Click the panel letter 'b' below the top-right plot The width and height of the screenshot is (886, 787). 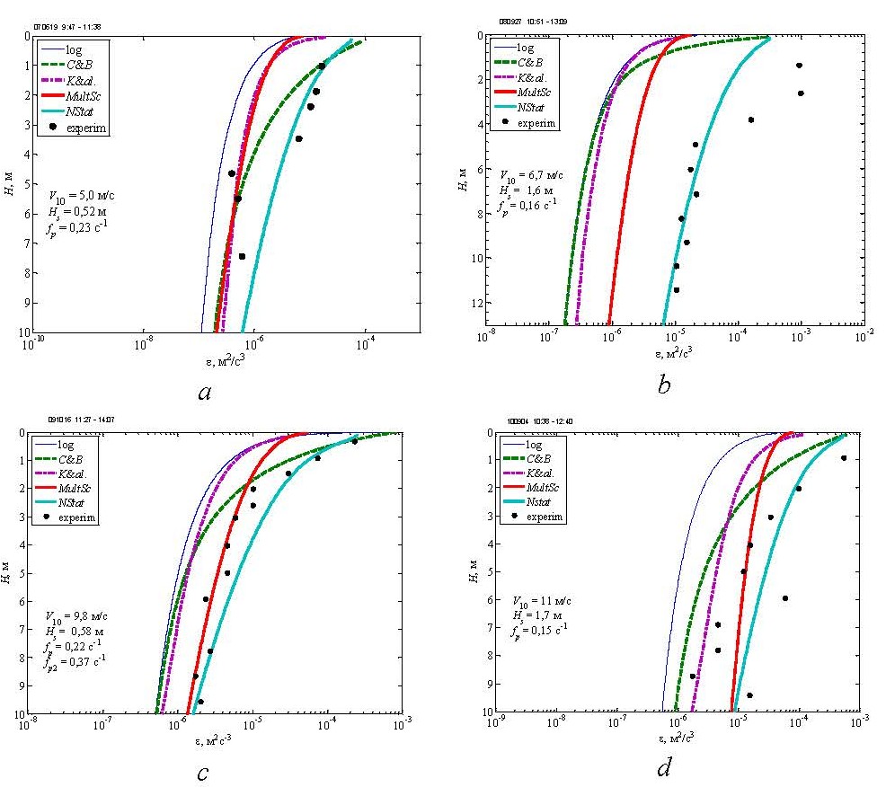pos(664,385)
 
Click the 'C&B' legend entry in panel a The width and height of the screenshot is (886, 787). pos(79,64)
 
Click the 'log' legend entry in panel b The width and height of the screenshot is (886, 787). pos(527,48)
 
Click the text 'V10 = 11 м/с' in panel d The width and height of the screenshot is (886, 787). pos(543,599)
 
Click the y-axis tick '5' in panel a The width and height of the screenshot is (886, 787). pos(26,184)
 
